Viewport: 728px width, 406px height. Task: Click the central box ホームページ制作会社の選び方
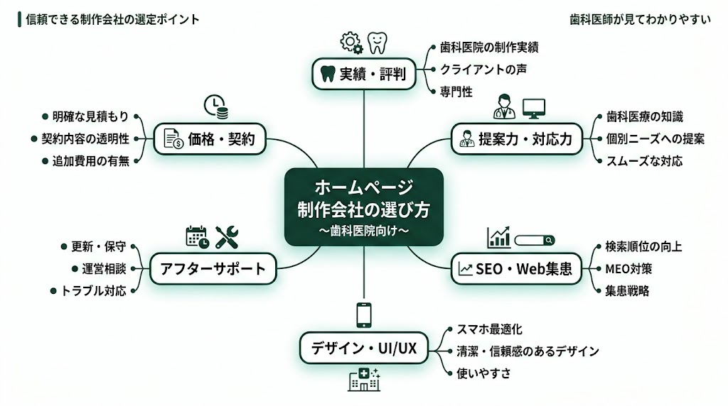(363, 207)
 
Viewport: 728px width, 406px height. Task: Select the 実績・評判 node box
(363, 74)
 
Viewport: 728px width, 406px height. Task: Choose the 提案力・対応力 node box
(515, 138)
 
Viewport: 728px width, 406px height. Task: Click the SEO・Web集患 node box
(516, 268)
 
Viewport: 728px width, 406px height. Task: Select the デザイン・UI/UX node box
(363, 348)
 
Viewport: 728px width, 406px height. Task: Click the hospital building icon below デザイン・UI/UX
(364, 381)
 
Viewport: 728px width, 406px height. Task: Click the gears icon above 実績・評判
(352, 43)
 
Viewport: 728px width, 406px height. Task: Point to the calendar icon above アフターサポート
(197, 237)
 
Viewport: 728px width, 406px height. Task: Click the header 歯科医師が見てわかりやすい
(641, 20)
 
